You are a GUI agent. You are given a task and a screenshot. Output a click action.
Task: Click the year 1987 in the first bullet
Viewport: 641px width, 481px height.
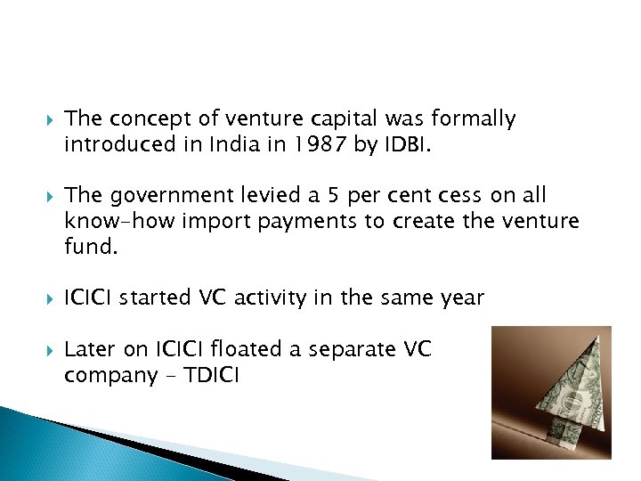click(x=320, y=143)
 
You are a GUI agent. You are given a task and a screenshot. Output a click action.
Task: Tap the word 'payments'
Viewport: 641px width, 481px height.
click(x=307, y=220)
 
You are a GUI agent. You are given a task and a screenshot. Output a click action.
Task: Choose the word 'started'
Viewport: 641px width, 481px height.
click(x=163, y=298)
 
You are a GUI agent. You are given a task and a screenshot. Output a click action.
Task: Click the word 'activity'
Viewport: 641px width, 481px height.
click(x=284, y=298)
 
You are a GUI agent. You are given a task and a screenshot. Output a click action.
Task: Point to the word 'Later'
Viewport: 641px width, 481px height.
click(x=88, y=349)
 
